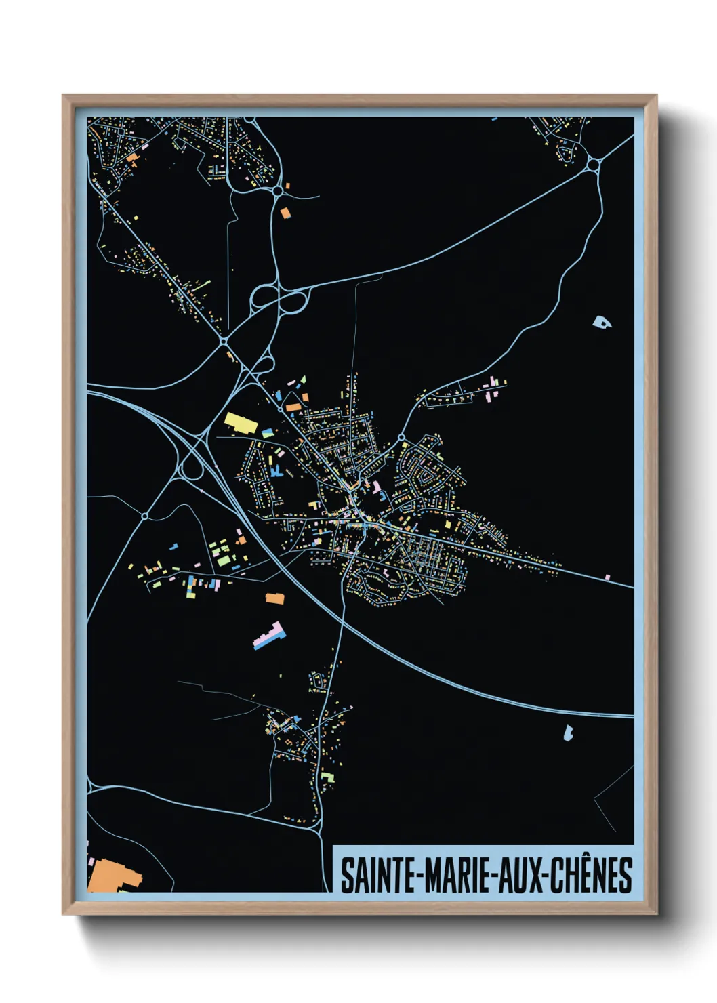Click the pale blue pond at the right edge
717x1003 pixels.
pos(601,322)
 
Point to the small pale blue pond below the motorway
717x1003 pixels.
pos(568,732)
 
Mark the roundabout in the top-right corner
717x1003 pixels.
pos(594,164)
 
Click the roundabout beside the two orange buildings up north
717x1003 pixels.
pos(278,192)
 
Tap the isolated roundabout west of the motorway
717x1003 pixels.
pos(145,516)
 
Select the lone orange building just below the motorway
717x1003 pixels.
pos(274,598)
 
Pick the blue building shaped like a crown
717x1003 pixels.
pos(276,470)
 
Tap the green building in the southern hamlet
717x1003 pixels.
pos(328,777)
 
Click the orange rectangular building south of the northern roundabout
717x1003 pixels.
pos(285,213)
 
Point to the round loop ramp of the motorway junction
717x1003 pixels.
pos(192,468)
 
